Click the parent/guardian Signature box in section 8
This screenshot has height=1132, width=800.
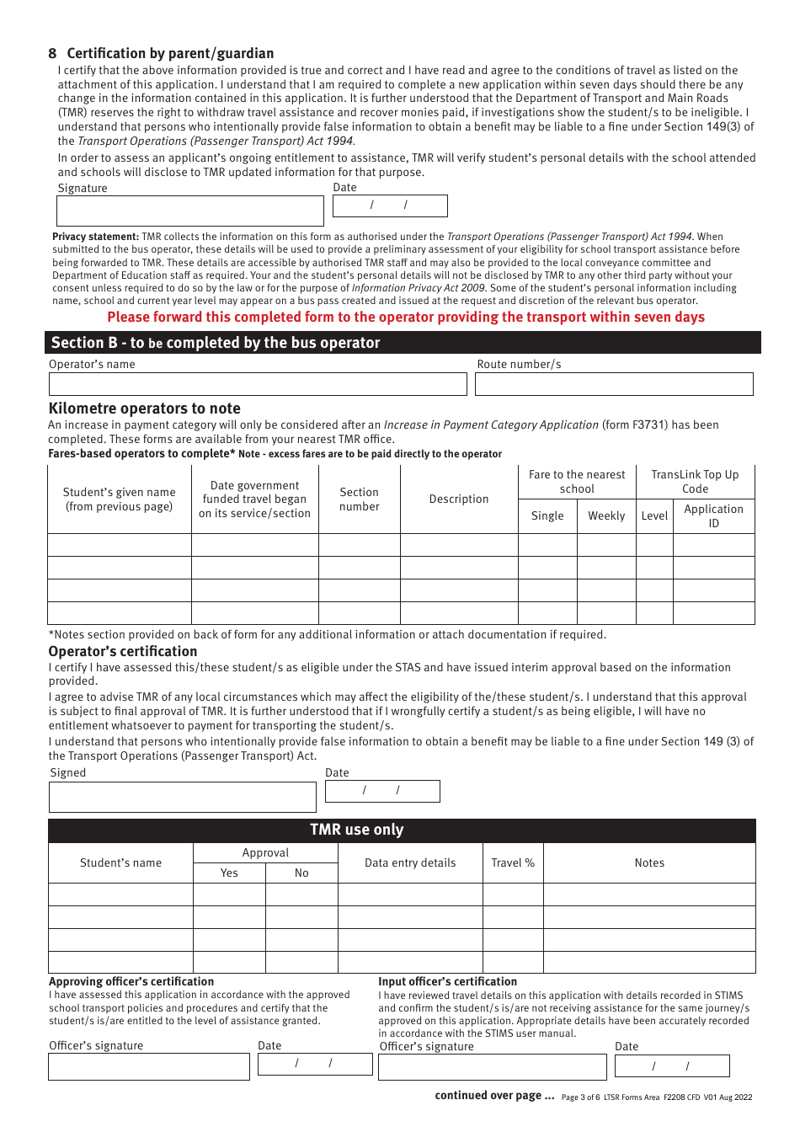click(x=189, y=211)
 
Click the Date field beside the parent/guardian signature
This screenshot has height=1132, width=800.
click(x=390, y=206)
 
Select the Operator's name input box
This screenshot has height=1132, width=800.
click(x=258, y=384)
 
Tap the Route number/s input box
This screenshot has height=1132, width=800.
click(x=614, y=384)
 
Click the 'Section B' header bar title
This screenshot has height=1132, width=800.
click(x=216, y=343)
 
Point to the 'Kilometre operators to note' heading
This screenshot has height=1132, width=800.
click(x=145, y=408)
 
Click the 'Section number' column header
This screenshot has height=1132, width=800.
click(x=360, y=499)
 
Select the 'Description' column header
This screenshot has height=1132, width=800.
click(x=459, y=499)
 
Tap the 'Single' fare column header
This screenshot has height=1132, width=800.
click(x=547, y=516)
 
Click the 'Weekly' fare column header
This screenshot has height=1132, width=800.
click(x=606, y=516)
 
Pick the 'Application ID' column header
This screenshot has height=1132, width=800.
click(x=713, y=516)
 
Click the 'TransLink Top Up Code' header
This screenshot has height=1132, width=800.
click(x=695, y=482)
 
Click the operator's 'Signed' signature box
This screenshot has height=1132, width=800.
click(x=183, y=797)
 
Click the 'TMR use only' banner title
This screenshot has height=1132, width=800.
click(x=357, y=830)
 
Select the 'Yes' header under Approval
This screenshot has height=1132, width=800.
click(x=229, y=873)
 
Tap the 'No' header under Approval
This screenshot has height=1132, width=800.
click(x=301, y=873)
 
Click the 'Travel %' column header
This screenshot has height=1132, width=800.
click(x=513, y=863)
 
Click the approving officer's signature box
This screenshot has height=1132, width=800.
click(x=149, y=1066)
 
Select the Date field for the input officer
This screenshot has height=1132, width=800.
click(x=672, y=1066)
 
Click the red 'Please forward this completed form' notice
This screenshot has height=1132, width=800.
click(x=406, y=318)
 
